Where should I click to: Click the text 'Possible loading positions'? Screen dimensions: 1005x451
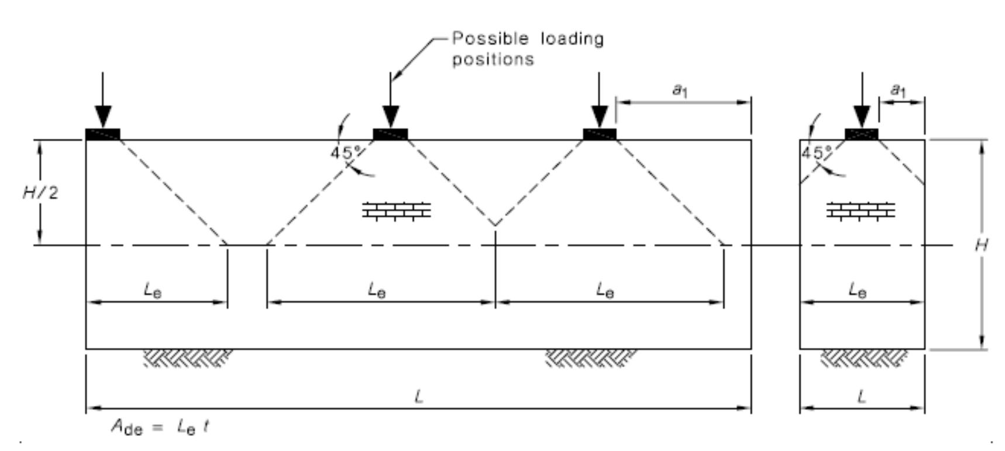point(528,49)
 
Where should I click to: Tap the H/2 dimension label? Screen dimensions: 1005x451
point(40,193)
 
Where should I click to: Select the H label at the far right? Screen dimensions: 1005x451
point(981,245)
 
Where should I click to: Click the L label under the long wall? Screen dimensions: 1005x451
point(418,397)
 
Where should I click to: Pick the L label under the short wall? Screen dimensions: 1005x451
point(862,397)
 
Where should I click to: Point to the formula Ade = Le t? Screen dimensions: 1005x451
point(160,428)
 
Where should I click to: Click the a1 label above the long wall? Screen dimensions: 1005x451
point(679,91)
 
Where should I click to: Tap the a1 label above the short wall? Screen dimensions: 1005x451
point(897,91)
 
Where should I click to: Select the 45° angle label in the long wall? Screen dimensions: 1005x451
point(346,153)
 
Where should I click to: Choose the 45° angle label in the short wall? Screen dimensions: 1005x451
point(816,153)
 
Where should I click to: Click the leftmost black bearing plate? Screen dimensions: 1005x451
point(103,134)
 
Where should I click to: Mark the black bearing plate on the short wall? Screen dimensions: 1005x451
point(862,134)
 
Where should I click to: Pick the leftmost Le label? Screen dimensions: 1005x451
point(153,290)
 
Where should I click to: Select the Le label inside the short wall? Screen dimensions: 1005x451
point(858,290)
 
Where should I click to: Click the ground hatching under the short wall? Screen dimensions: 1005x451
point(864,358)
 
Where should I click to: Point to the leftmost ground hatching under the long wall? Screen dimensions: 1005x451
point(188,358)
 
